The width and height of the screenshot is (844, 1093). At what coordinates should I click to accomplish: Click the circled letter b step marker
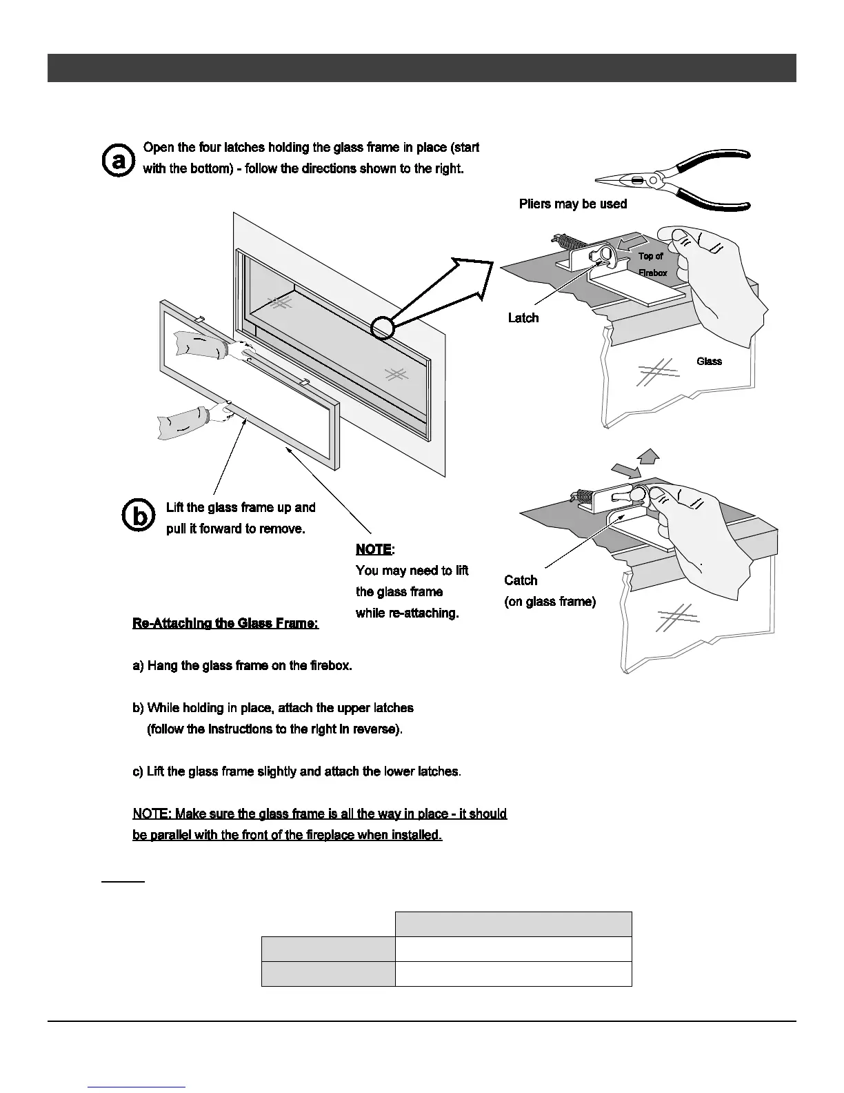[139, 517]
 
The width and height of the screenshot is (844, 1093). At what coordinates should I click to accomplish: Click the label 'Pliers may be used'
[572, 204]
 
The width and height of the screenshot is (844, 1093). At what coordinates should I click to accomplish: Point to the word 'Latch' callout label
[523, 317]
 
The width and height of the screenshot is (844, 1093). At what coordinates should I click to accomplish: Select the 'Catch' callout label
[521, 580]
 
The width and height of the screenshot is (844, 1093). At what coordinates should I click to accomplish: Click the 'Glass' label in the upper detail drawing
[709, 361]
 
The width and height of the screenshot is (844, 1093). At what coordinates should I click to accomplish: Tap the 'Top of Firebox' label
[652, 264]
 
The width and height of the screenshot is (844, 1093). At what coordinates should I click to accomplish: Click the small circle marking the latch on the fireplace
[382, 327]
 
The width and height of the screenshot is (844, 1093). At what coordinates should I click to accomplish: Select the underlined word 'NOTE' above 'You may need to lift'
[373, 549]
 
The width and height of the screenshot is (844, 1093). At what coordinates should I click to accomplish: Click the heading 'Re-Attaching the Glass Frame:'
[225, 623]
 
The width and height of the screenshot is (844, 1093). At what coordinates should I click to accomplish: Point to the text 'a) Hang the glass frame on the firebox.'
[242, 666]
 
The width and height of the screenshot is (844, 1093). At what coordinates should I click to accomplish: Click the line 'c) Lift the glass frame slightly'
[297, 771]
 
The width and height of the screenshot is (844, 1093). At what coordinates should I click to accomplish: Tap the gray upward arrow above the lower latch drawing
[647, 455]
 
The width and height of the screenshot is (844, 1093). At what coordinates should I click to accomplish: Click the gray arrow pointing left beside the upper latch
[634, 243]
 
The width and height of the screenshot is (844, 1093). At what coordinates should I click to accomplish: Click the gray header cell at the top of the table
[513, 923]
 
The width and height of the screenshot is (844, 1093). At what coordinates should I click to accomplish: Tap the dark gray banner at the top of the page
[421, 68]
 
